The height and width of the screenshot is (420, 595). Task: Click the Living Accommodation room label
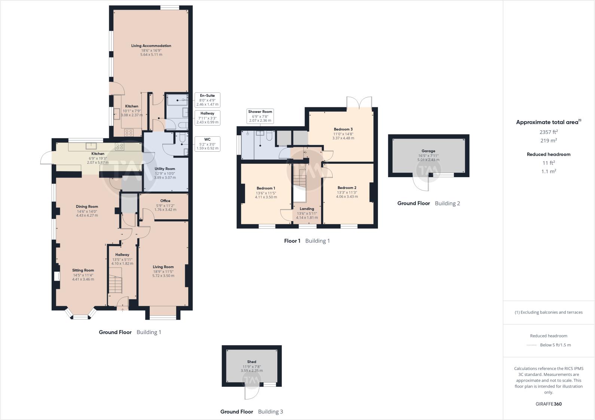coord(151,46)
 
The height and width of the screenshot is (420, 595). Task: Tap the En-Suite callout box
coord(207,100)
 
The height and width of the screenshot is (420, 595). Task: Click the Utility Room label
coord(165,169)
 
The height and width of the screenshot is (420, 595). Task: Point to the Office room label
coord(165,201)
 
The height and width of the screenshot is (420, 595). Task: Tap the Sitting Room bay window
coord(80,317)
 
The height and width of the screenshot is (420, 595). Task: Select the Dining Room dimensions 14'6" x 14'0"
coord(87,211)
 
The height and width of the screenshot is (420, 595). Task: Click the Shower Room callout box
coord(260,116)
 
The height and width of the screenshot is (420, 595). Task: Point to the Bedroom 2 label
coord(347,188)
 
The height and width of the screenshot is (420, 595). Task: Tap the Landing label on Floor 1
coord(307,209)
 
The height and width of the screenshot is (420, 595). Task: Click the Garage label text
coord(428,151)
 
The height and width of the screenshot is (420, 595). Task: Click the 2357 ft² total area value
coord(549,132)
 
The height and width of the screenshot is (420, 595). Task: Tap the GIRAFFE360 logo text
coord(549,404)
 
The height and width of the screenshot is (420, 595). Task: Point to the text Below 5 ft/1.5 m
coord(555,345)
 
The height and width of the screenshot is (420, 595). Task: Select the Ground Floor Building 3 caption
coord(251,412)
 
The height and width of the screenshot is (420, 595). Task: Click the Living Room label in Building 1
coord(163,267)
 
